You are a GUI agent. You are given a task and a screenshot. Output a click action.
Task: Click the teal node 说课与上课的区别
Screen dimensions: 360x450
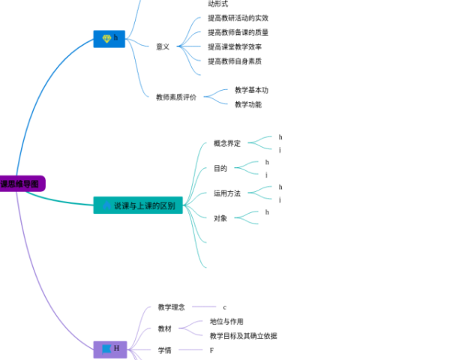coord(138,205)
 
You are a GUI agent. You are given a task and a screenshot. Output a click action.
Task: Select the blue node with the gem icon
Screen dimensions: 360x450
coord(109,38)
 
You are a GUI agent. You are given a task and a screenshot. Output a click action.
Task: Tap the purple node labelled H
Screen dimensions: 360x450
coord(109,349)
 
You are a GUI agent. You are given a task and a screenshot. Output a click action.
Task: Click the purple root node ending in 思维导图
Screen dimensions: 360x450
coord(21,183)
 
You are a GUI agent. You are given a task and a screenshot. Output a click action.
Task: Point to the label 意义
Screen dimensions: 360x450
coord(163,46)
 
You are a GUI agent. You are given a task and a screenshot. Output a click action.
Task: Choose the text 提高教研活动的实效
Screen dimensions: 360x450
coord(238,18)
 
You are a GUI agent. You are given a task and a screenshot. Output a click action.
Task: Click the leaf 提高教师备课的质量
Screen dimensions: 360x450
coord(238,32)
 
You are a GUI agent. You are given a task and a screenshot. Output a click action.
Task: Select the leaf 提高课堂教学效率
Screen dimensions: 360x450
coord(235,46)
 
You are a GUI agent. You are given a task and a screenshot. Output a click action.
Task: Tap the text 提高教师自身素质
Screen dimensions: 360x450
coord(235,61)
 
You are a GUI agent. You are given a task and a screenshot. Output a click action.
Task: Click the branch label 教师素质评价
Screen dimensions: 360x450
coord(176,97)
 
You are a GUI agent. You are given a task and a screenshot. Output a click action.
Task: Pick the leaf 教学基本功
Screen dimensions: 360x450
coord(251,90)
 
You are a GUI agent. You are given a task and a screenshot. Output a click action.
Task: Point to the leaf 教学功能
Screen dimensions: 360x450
coord(248,104)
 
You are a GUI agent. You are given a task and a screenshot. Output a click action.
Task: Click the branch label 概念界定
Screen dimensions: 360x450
coord(227,143)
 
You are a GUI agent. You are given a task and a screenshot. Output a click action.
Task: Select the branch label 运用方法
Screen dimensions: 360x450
coord(227,193)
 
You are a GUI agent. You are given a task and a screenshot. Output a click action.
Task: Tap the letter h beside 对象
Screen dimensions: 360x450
coord(267,212)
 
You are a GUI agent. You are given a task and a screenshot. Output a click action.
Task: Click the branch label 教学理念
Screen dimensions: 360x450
coord(171,307)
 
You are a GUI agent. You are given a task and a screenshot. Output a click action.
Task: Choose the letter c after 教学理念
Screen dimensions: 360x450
coord(224,307)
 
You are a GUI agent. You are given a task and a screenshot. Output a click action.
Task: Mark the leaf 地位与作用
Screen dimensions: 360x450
coord(226,322)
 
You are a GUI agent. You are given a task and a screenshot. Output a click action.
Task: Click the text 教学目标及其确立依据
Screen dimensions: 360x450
coord(243,336)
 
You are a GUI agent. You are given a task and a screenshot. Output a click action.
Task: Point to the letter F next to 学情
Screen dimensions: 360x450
coord(211,350)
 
